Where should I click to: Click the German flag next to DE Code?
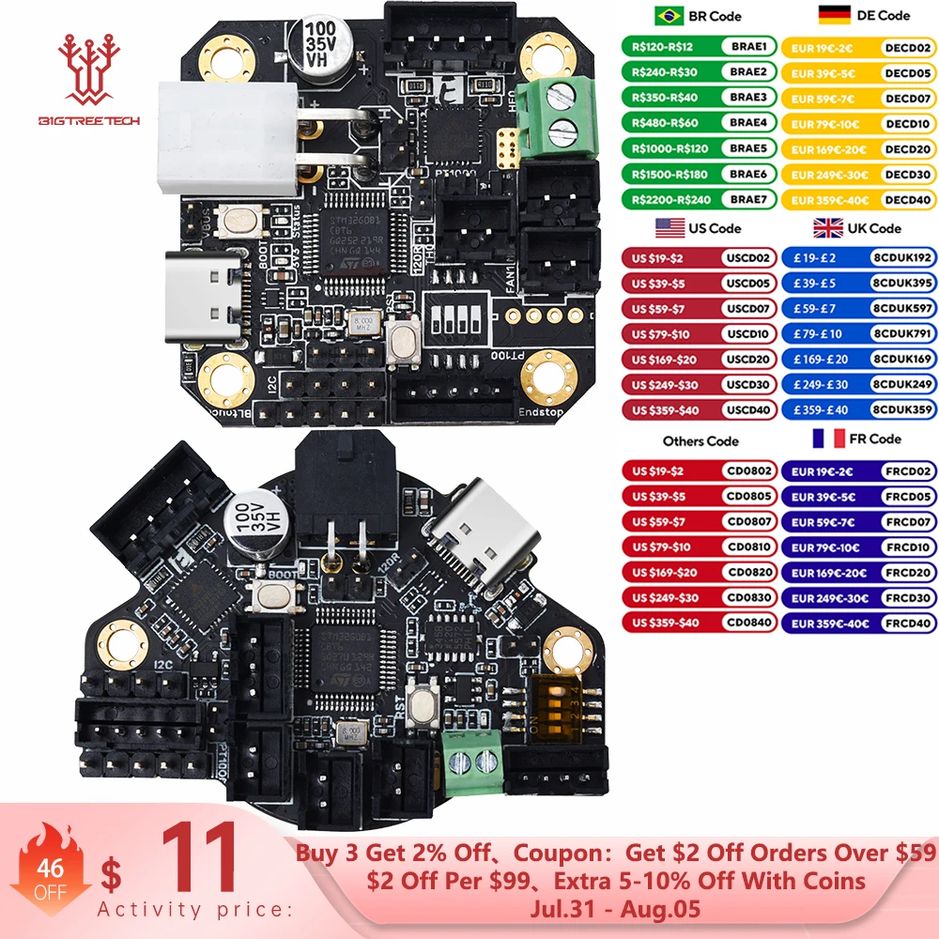coord(835,15)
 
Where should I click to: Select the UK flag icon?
coord(827,227)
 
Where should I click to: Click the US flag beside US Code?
coord(670,227)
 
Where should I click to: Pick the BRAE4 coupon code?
coord(747,122)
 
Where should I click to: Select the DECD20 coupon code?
coord(907,148)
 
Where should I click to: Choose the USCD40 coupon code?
coord(747,409)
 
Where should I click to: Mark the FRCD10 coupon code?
coord(907,547)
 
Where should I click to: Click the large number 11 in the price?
coord(199,860)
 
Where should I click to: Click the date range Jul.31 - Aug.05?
coord(615,909)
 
